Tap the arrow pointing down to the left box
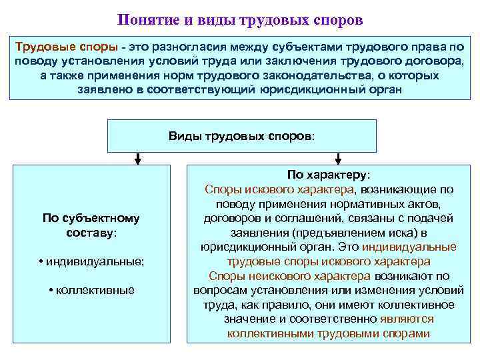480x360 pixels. [x=137, y=159]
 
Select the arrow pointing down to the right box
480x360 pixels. [x=338, y=159]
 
